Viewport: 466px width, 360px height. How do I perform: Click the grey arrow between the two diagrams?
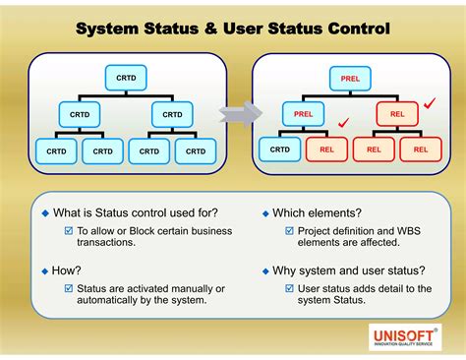[x=233, y=115]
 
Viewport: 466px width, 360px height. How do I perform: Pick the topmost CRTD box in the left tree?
[x=125, y=78]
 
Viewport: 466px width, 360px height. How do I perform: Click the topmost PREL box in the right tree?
[x=349, y=78]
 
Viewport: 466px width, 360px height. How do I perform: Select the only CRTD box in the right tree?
[x=280, y=150]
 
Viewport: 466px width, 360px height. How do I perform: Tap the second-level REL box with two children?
[x=396, y=115]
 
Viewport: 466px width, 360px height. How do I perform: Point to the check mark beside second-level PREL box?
[x=342, y=124]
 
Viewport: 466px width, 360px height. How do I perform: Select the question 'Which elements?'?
[x=317, y=212]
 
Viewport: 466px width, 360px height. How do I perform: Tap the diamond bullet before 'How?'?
[x=44, y=270]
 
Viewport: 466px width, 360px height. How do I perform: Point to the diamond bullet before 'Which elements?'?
[x=264, y=213]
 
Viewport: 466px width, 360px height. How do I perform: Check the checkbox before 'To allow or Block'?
[x=69, y=231]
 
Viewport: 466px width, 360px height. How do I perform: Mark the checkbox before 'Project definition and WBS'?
[x=289, y=231]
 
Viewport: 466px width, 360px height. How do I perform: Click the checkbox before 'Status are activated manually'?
[x=69, y=288]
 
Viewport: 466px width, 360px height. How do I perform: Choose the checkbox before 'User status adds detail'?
[x=289, y=288]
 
